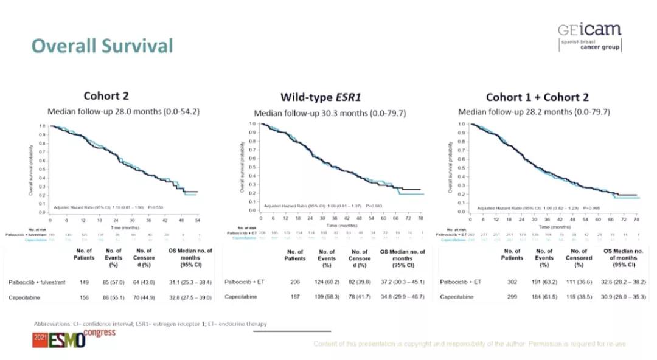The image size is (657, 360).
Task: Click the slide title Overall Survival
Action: tap(102, 46)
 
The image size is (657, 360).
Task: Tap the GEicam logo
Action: tap(589, 37)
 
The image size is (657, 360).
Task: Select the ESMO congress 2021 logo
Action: tap(66, 338)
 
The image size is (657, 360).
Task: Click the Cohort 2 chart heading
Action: tap(106, 95)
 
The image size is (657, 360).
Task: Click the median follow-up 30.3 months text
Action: tap(330, 113)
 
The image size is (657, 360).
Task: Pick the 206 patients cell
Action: tap(294, 282)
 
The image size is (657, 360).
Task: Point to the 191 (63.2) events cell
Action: tap(544, 282)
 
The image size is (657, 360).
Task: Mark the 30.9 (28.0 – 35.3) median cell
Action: tap(618, 297)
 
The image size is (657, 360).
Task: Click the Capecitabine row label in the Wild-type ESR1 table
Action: tap(240, 297)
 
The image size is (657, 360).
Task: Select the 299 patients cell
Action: tap(511, 297)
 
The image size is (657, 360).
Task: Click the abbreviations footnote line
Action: tap(150, 324)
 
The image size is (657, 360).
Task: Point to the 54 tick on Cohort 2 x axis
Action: tap(198, 220)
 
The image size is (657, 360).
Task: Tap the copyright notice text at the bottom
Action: tap(469, 344)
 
